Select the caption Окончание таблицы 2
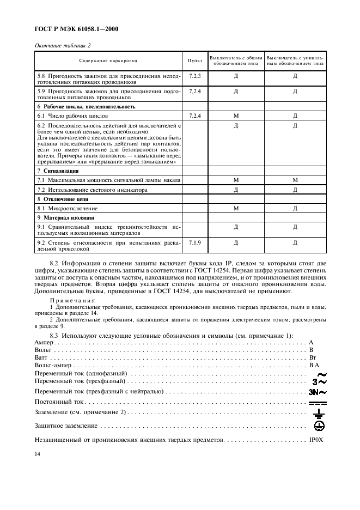(x=63, y=45)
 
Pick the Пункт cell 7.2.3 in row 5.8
(x=195, y=75)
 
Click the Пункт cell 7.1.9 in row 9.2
(x=195, y=241)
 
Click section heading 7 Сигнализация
(x=57, y=171)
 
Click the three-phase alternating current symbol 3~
(x=319, y=382)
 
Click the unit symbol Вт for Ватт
(x=313, y=357)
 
